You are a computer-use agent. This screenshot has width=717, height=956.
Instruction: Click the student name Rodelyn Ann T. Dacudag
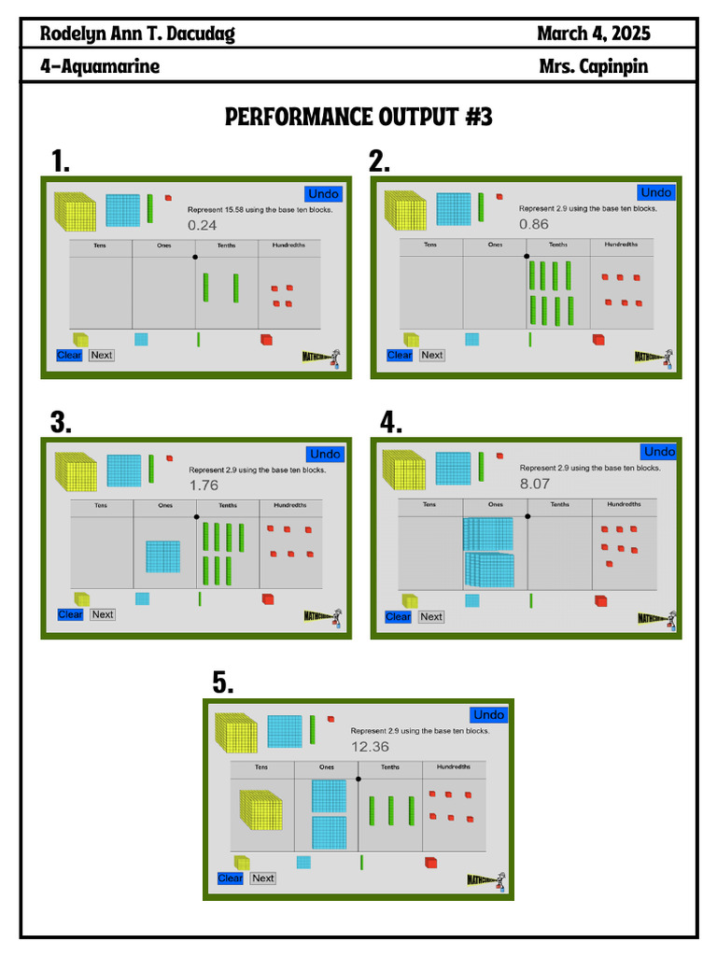(137, 35)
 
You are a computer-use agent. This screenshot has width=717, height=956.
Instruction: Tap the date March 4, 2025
(594, 35)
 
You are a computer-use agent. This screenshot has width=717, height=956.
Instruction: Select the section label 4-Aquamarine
(100, 66)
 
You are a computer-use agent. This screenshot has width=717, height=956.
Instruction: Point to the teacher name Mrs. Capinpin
(593, 66)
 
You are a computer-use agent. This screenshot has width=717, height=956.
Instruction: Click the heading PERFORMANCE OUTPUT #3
(358, 117)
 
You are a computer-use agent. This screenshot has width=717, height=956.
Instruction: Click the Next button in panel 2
(431, 355)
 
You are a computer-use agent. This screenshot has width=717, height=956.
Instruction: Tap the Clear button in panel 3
(70, 614)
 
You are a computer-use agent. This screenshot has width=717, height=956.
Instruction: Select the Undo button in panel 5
(488, 714)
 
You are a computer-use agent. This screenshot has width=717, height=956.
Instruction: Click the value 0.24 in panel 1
(203, 225)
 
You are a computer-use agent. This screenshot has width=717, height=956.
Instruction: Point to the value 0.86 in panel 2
(534, 224)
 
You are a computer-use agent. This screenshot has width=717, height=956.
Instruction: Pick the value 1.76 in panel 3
(204, 485)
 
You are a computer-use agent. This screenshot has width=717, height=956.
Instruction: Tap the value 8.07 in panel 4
(535, 484)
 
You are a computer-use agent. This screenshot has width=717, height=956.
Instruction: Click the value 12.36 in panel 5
(370, 746)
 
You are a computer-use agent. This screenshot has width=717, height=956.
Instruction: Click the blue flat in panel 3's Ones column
(162, 556)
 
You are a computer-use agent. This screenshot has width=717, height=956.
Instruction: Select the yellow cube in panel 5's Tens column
(260, 809)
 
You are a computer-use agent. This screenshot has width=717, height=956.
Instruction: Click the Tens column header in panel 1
(100, 246)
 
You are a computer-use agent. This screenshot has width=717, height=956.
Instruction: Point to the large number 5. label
(222, 683)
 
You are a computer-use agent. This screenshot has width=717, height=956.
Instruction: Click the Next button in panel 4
(430, 616)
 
